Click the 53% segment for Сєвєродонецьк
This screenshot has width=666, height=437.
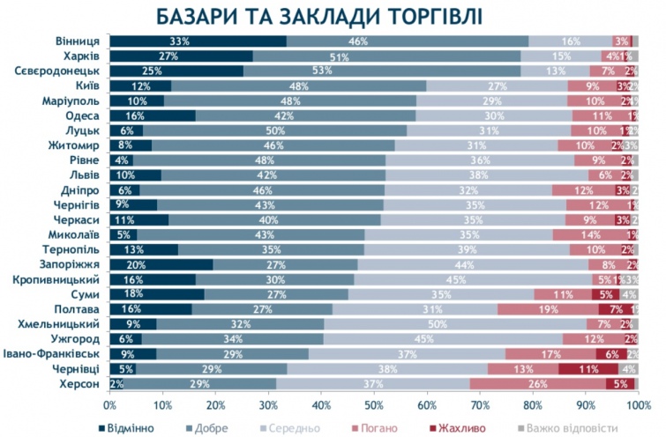(381, 71)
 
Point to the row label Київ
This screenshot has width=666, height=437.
(87, 86)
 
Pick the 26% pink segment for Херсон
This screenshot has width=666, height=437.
(537, 383)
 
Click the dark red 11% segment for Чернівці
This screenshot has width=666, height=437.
(586, 368)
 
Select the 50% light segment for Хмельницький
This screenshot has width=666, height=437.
(461, 323)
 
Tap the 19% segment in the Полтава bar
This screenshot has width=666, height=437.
(548, 308)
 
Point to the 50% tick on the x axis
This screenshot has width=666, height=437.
(374, 406)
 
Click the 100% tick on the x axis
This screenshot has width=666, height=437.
(637, 406)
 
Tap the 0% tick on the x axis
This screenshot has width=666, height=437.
(110, 406)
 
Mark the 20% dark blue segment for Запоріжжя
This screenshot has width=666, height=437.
(161, 264)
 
